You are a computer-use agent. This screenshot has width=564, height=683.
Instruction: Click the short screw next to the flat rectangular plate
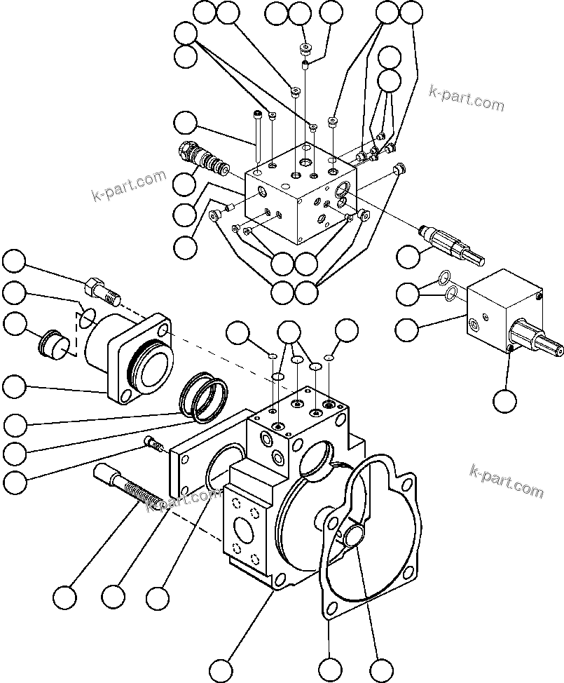click(153, 442)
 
